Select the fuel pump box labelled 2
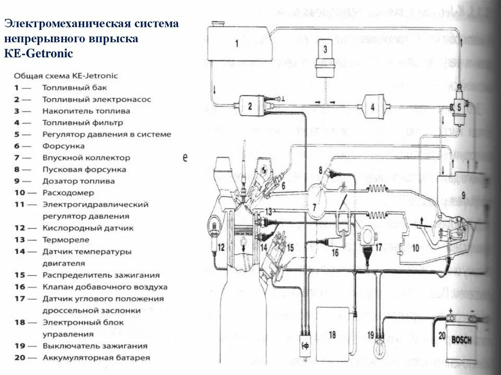pyautogui.click(x=250, y=106)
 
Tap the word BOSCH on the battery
pyautogui.click(x=461, y=340)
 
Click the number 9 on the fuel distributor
pyautogui.click(x=463, y=196)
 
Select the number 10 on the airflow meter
pyautogui.click(x=415, y=248)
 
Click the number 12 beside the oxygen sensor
pyautogui.click(x=221, y=247)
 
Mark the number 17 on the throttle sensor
pyautogui.click(x=378, y=248)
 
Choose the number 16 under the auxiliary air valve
pyautogui.click(x=335, y=253)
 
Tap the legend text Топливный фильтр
pyautogui.click(x=83, y=123)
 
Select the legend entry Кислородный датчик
pyautogui.click(x=88, y=228)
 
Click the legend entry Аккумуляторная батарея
pyautogui.click(x=96, y=358)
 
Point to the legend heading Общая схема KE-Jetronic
pyautogui.click(x=66, y=76)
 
